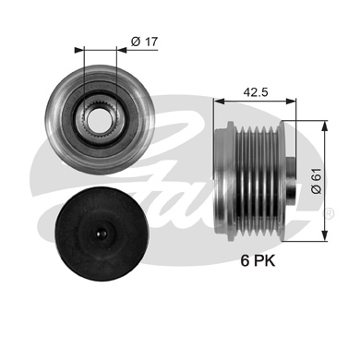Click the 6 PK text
point(258,261)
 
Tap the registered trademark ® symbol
point(330,213)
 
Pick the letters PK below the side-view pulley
point(265,261)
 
